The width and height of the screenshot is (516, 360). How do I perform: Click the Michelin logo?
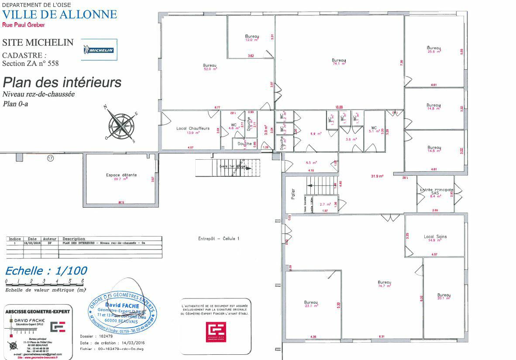pyautogui.click(x=99, y=50)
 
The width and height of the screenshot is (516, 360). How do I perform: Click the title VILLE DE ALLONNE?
pyautogui.click(x=60, y=14)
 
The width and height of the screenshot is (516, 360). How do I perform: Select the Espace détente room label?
pyautogui.click(x=121, y=175)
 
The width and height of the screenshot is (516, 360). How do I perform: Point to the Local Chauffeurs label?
pyautogui.click(x=193, y=129)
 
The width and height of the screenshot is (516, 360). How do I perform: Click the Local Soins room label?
pyautogui.click(x=435, y=237)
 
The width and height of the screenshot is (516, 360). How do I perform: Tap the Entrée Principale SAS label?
pyautogui.click(x=436, y=191)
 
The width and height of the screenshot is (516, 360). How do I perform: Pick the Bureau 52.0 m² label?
pyautogui.click(x=210, y=66)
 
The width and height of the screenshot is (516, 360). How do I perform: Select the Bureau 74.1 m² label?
pyautogui.click(x=339, y=61)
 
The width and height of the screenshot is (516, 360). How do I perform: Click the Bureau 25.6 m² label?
pyautogui.click(x=433, y=48)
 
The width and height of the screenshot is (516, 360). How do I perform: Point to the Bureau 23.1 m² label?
pyautogui.click(x=311, y=303)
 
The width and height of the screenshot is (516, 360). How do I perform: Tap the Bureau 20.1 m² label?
pyautogui.click(x=444, y=295)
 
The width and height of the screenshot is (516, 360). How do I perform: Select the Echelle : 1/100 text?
pyautogui.click(x=46, y=271)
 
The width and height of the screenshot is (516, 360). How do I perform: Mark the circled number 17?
pyautogui.click(x=50, y=158)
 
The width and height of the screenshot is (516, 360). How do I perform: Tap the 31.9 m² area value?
pyautogui.click(x=377, y=176)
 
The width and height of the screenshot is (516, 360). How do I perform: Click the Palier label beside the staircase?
pyautogui.click(x=293, y=195)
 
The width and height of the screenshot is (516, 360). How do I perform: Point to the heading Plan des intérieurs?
pyautogui.click(x=62, y=82)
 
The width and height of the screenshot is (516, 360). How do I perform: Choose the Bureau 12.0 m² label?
pyautogui.click(x=252, y=37)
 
